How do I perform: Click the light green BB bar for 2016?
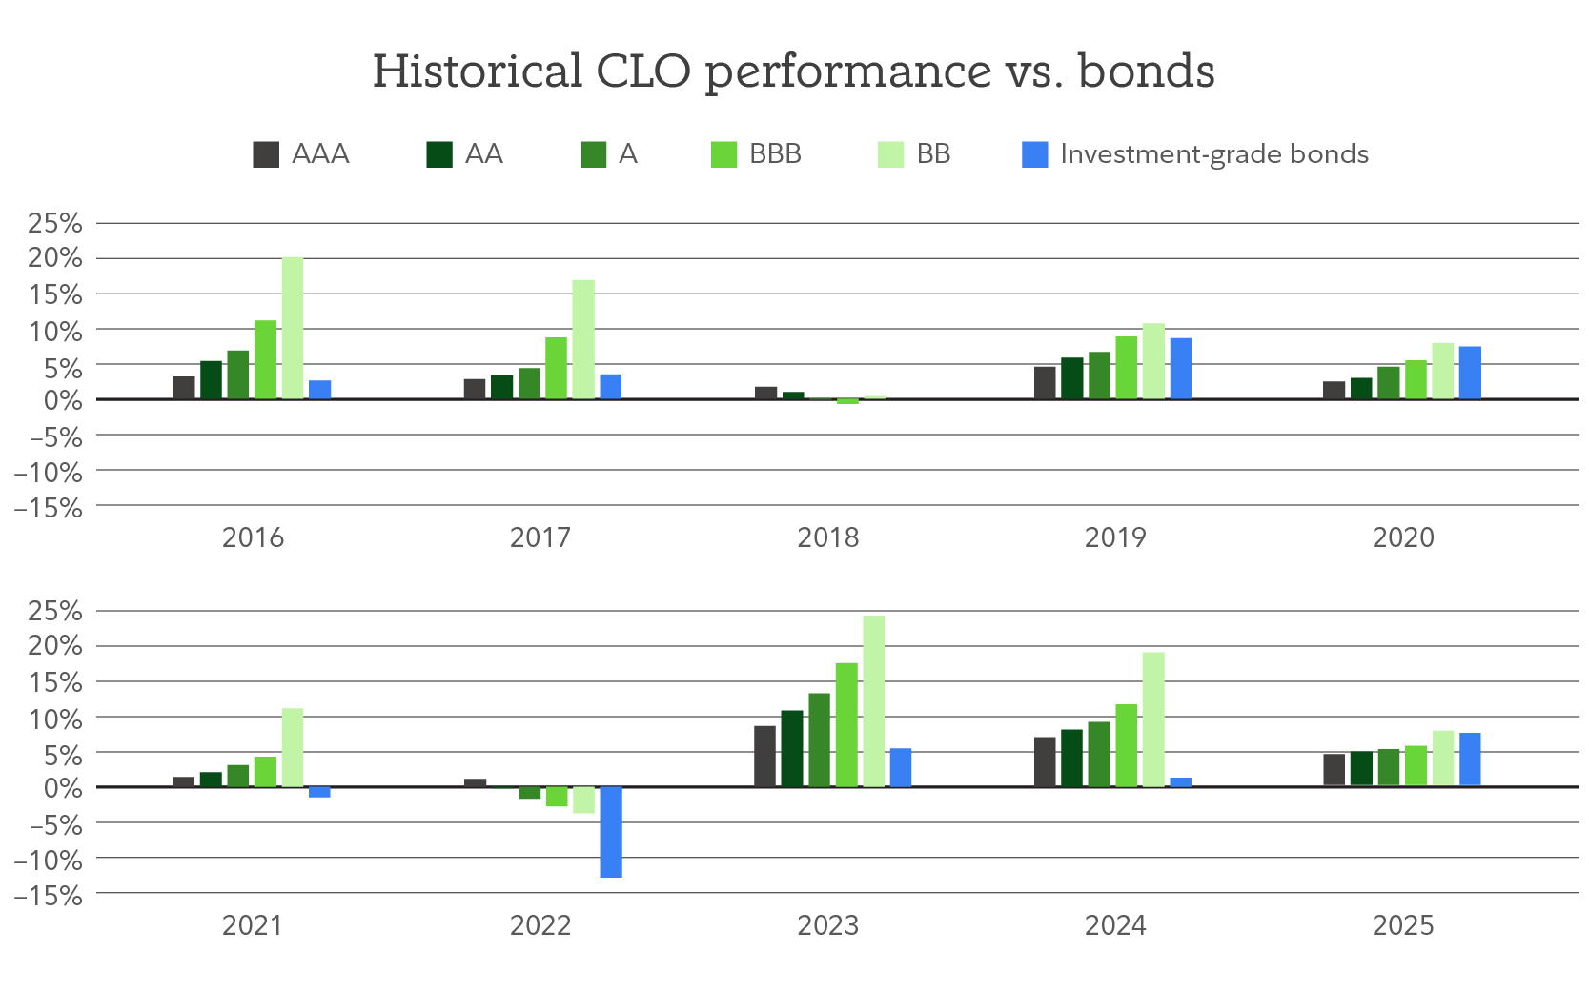(293, 328)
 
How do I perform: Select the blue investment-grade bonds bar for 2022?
(611, 832)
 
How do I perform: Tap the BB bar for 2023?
(873, 701)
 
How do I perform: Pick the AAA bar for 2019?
(1045, 383)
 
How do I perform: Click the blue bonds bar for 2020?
(1470, 373)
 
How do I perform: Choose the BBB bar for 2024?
(1127, 745)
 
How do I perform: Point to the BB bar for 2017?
(583, 339)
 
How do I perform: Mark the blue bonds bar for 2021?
(319, 792)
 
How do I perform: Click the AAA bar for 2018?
(765, 393)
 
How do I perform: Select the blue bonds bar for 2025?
(1470, 760)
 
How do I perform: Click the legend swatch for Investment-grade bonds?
(1034, 154)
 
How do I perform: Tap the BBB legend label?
(775, 154)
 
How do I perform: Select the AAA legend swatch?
(266, 154)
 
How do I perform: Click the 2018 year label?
(827, 538)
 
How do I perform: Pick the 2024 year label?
(1115, 925)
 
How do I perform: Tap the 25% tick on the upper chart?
(55, 223)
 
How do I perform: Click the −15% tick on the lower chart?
(49, 896)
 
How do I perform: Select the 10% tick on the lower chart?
(55, 719)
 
